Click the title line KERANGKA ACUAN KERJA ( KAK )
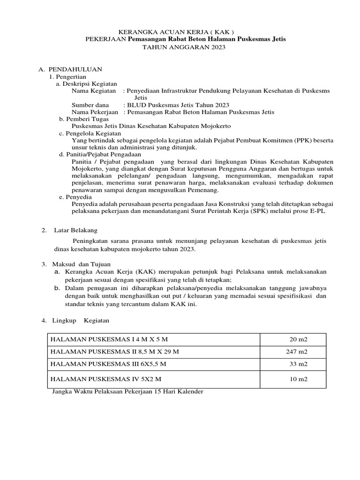(x=180, y=31)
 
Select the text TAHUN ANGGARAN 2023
(x=180, y=47)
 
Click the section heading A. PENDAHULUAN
(x=70, y=69)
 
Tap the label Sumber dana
(x=90, y=105)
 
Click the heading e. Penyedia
(x=75, y=197)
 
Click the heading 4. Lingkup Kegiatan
(x=75, y=320)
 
